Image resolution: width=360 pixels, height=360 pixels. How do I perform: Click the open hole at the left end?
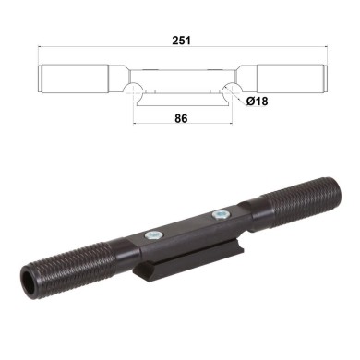[x=30, y=282]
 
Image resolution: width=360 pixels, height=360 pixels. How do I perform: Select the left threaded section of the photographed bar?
[x=70, y=266]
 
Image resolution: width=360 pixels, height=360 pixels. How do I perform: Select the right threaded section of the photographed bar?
[x=295, y=193]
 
